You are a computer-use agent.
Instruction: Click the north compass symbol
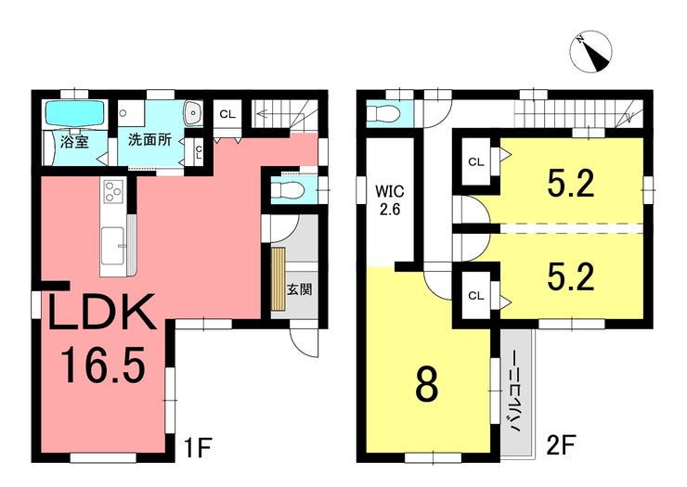click(x=591, y=52)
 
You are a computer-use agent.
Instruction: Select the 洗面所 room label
click(x=149, y=140)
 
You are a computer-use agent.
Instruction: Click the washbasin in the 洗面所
click(x=193, y=113)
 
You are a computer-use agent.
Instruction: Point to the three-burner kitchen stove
click(x=113, y=191)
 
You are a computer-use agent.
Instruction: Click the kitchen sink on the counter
click(x=113, y=246)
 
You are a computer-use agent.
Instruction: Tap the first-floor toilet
click(x=288, y=190)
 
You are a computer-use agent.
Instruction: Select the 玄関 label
click(x=300, y=289)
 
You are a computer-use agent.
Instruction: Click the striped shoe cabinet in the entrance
click(x=279, y=279)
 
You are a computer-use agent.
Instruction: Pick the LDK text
click(x=102, y=313)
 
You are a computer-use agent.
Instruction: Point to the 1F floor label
click(x=199, y=447)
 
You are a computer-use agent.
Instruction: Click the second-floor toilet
click(x=384, y=114)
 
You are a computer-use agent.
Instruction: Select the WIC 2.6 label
click(x=390, y=200)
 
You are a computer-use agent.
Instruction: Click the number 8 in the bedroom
click(x=427, y=386)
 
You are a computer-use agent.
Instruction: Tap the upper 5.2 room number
click(x=571, y=184)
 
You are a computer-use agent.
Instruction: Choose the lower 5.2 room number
click(x=571, y=276)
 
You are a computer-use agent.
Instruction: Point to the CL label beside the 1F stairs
click(x=227, y=115)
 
